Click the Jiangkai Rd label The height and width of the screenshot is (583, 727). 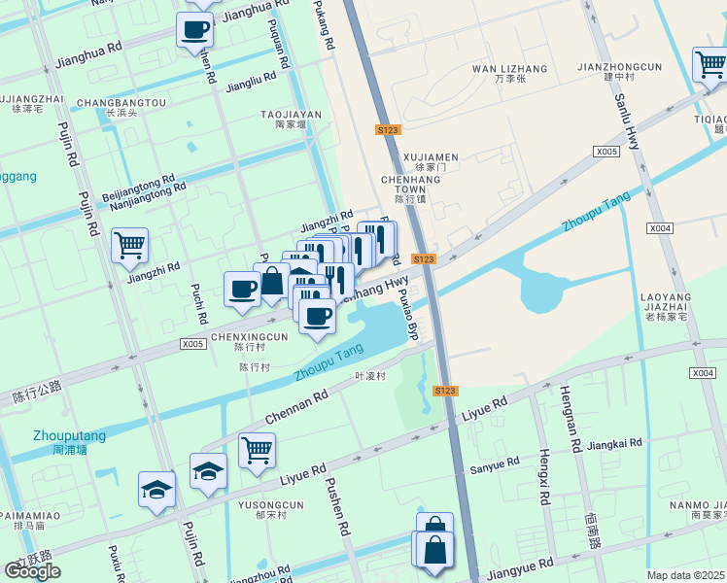615,443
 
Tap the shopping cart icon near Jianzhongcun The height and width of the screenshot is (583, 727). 710,65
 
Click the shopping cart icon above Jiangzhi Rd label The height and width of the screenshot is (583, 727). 129,245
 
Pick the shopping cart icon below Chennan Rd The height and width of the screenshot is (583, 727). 257,450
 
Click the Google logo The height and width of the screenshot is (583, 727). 32,571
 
